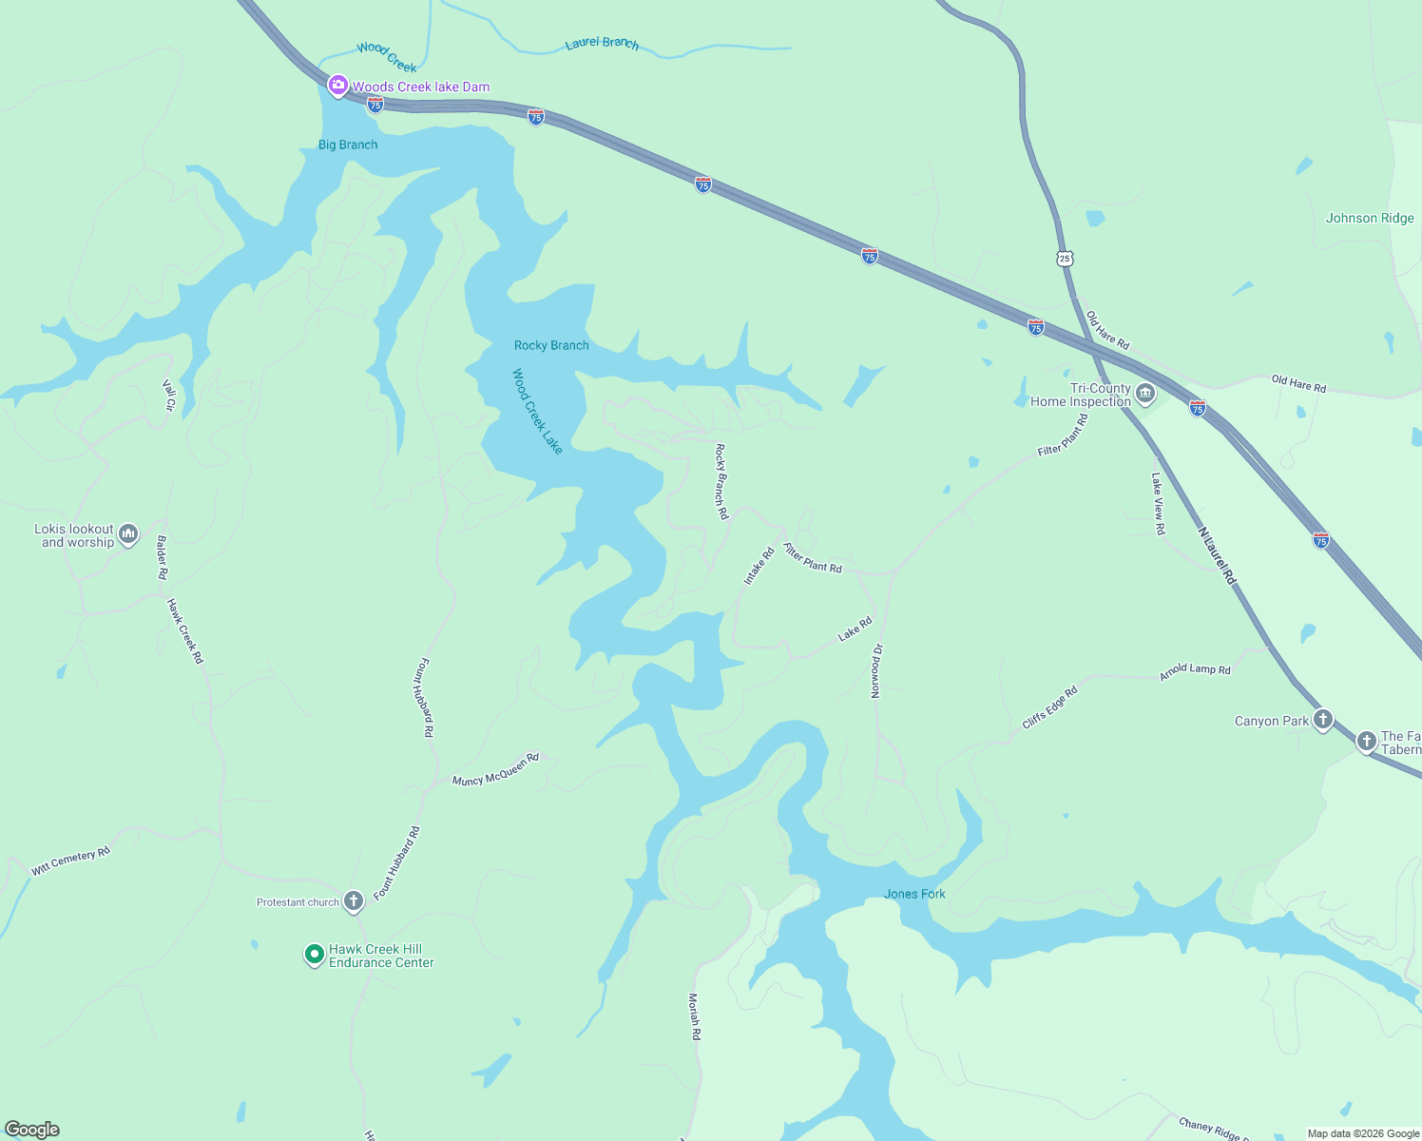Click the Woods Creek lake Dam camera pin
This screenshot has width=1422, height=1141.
pos(337,86)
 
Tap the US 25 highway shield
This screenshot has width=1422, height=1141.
pos(1065,258)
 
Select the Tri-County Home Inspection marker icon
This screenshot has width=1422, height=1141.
pos(1145,393)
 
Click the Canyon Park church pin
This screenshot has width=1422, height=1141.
pos(1322,719)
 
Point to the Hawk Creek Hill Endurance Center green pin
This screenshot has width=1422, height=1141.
pos(314,954)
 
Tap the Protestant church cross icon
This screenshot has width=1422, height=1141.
pos(354,900)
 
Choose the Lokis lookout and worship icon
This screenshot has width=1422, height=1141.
pos(128,534)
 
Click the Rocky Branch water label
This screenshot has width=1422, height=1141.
pos(551,345)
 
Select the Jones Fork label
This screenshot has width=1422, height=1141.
pos(914,894)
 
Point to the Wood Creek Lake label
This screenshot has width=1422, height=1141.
pos(538,411)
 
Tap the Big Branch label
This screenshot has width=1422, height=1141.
pos(348,145)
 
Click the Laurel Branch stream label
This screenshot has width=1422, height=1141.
pos(602,43)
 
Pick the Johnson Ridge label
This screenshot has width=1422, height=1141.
pos(1370,218)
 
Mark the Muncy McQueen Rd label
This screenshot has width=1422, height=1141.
pos(495,769)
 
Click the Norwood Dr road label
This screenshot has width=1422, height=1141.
pos(876,670)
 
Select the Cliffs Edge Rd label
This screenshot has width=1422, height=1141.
pos(1049,707)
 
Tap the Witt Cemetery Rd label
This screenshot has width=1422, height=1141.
pos(70,861)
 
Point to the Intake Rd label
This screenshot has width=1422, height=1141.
pos(759,566)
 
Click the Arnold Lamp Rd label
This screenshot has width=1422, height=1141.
pos(1195,670)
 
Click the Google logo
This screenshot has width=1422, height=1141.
pos(31,1130)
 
